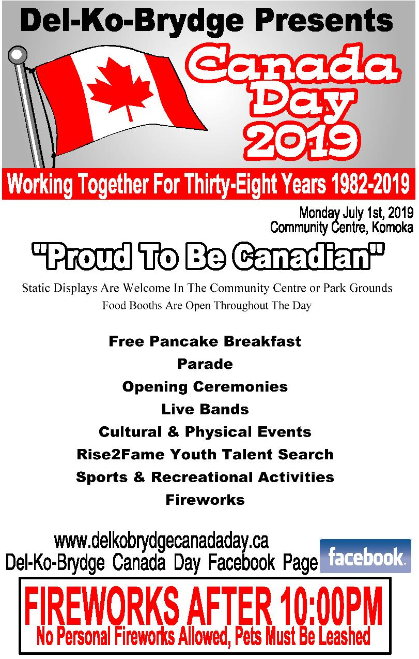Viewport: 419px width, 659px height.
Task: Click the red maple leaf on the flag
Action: click(120, 89)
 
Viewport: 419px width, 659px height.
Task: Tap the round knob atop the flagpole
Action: click(18, 55)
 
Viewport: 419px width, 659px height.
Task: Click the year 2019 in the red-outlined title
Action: click(303, 142)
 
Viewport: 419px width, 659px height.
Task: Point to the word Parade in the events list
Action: click(205, 364)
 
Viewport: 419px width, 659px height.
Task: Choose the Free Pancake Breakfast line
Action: click(205, 341)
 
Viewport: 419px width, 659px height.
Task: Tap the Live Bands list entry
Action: click(205, 409)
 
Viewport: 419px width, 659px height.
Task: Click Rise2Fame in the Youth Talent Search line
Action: click(121, 454)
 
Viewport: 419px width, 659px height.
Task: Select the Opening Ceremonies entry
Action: click(205, 386)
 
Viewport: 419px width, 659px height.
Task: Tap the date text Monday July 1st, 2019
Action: click(356, 213)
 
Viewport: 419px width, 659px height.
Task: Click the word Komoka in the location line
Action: click(392, 227)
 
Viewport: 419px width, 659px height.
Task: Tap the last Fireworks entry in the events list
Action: click(205, 500)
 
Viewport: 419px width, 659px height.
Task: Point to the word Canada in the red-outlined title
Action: click(293, 65)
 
